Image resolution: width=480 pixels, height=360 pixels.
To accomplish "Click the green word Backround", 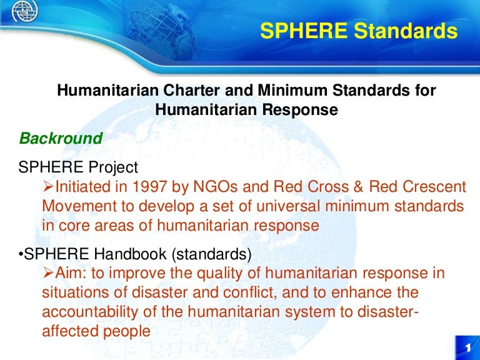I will (61, 138).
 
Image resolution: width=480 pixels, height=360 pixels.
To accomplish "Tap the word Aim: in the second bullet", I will (74, 274).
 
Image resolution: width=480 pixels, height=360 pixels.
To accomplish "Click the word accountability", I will (94, 312).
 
